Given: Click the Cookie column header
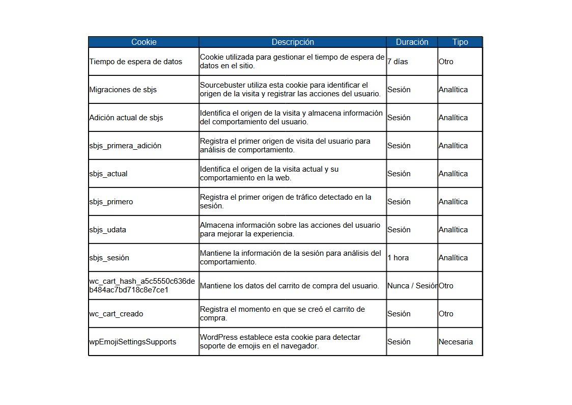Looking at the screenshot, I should [144, 42].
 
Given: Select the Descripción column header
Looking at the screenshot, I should [293, 42].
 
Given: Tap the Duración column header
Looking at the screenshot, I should [412, 42].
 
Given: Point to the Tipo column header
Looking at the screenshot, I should [460, 42].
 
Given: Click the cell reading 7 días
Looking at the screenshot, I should [397, 62].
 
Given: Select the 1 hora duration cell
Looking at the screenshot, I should [398, 258].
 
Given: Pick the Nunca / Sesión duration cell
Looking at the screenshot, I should [412, 286].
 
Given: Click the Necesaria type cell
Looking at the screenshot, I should [455, 342].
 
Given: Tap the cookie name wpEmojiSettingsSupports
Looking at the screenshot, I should [133, 342].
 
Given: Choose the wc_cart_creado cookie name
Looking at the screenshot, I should [116, 314].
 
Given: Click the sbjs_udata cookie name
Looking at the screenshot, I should [108, 230].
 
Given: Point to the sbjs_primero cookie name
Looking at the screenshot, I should [111, 202].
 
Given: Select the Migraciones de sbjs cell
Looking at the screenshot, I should [123, 90].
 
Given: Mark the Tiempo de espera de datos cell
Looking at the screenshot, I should [136, 62].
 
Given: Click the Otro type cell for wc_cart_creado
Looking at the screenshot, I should [446, 314].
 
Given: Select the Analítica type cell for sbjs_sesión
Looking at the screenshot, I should [453, 258].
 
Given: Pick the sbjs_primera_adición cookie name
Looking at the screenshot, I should [125, 146].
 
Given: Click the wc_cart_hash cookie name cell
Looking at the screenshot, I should [142, 286].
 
